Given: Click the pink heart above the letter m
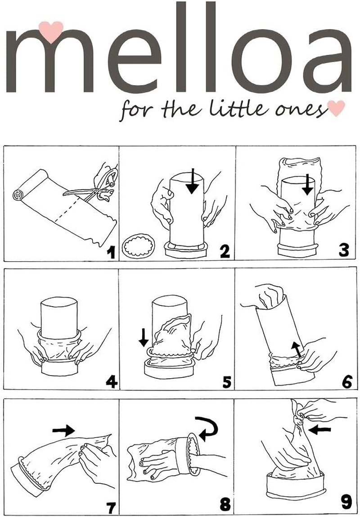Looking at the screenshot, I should click(x=50, y=30).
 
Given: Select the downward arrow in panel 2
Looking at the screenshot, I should click(x=192, y=180).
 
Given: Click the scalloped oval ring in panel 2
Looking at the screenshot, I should click(x=141, y=247).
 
